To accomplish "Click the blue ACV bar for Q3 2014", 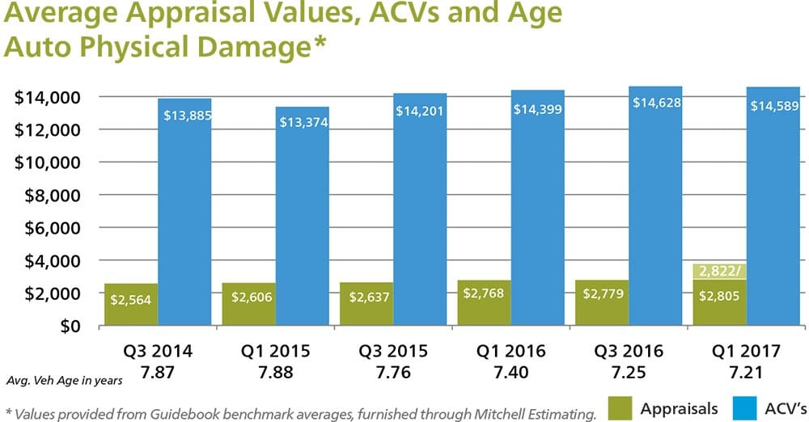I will (185, 218).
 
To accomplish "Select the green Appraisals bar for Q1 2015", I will (249, 305).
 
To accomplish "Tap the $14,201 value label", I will (420, 110).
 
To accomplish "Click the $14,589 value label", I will (774, 106).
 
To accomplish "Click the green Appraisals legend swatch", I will (620, 409).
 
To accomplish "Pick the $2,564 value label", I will (133, 299).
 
